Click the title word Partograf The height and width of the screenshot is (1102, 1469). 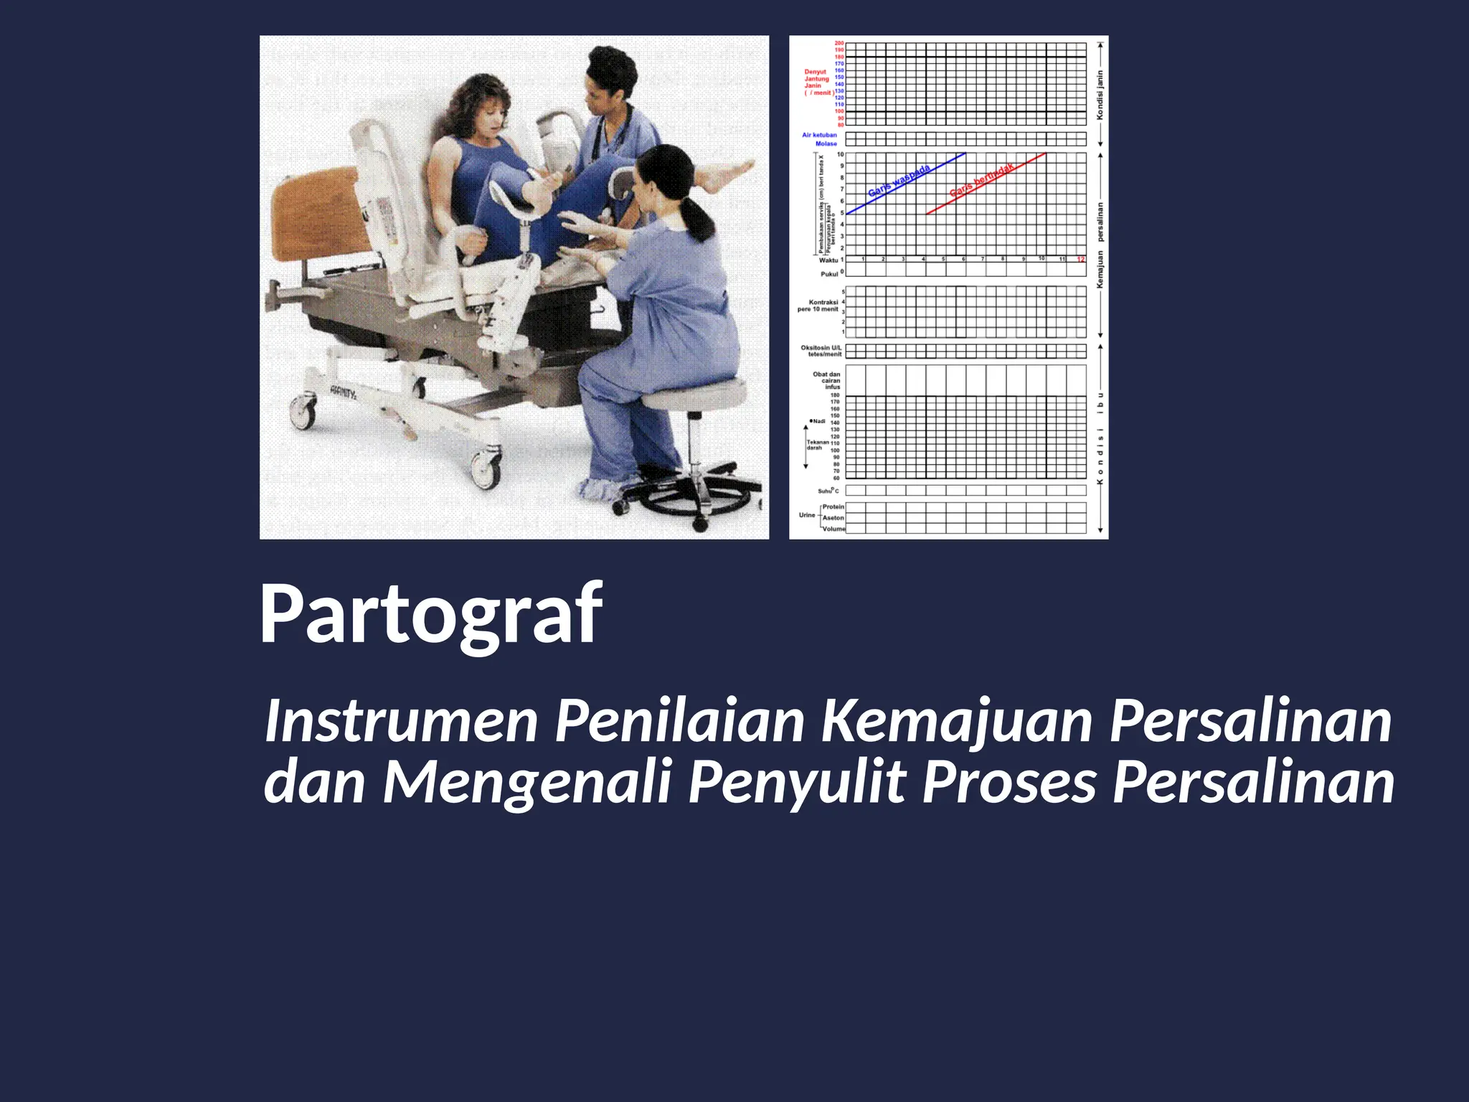coord(430,616)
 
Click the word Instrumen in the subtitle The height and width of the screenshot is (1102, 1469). coord(402,721)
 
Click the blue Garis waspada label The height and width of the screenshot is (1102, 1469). coord(899,181)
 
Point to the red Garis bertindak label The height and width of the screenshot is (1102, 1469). coord(982,180)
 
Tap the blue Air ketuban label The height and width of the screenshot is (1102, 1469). coord(819,135)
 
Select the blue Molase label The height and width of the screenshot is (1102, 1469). coord(826,143)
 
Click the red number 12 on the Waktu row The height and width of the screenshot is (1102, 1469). coord(1080,259)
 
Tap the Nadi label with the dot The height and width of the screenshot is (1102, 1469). coord(818,421)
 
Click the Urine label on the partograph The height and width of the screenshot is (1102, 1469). coord(807,515)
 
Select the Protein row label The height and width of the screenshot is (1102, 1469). coord(833,507)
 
